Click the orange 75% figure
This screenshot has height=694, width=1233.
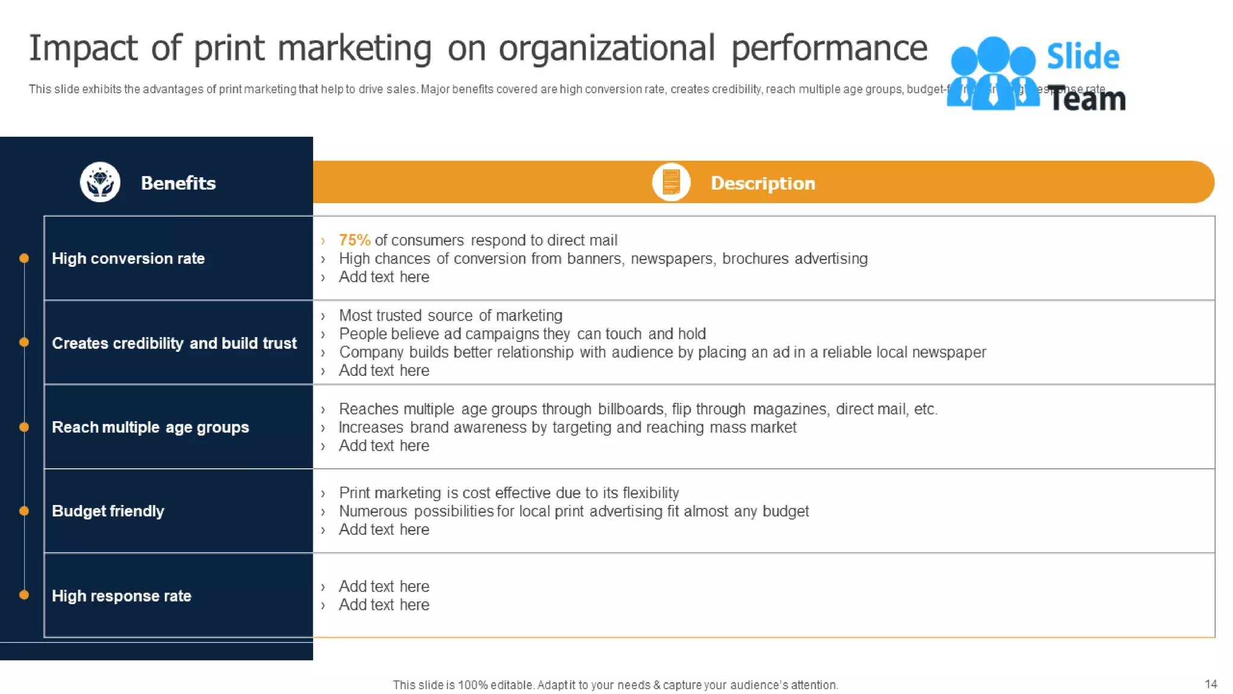pyautogui.click(x=354, y=240)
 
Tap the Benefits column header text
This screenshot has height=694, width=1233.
pyautogui.click(x=178, y=183)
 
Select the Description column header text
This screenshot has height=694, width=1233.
pyautogui.click(x=763, y=183)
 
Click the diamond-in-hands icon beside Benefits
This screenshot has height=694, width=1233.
pyautogui.click(x=100, y=182)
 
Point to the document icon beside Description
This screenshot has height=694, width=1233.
pyautogui.click(x=671, y=182)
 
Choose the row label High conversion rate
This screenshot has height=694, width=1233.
pyautogui.click(x=128, y=258)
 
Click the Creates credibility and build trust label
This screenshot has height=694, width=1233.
pyautogui.click(x=174, y=343)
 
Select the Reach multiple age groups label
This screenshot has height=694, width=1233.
pyautogui.click(x=150, y=427)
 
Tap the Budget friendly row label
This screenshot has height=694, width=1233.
pyautogui.click(x=108, y=511)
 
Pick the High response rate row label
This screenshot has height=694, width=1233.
pyautogui.click(x=122, y=596)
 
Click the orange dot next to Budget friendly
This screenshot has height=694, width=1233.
pyautogui.click(x=24, y=511)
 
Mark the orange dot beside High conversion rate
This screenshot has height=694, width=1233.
pyautogui.click(x=24, y=258)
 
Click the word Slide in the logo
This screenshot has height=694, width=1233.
pyautogui.click(x=1083, y=57)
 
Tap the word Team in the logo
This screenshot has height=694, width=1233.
pyautogui.click(x=1087, y=99)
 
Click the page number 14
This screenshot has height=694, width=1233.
pyautogui.click(x=1211, y=684)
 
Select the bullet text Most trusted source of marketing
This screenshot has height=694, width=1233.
pyautogui.click(x=450, y=316)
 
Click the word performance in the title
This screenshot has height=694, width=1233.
pyautogui.click(x=829, y=49)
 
